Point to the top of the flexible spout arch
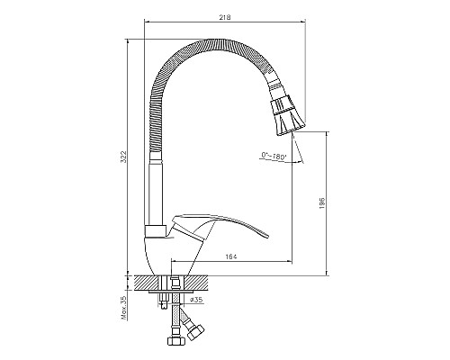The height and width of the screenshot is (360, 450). point(211,40)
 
